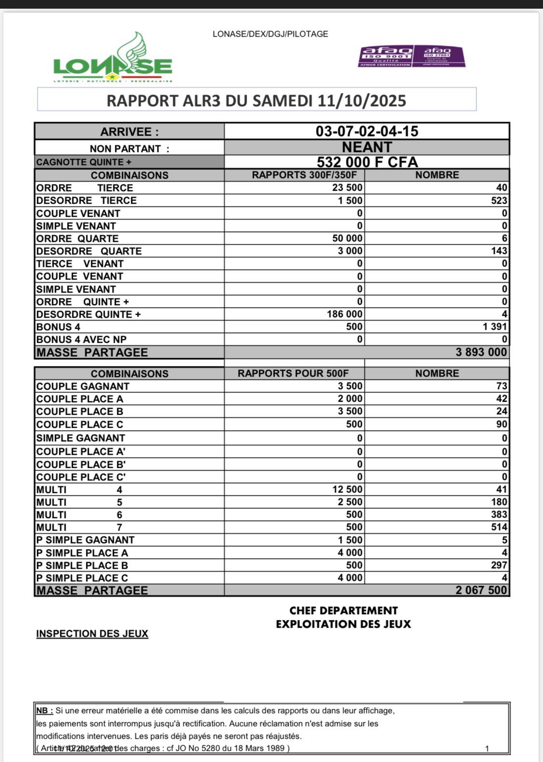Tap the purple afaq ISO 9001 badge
click(386, 56)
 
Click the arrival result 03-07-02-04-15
click(367, 131)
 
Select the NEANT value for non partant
click(367, 147)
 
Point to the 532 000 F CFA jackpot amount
click(367, 162)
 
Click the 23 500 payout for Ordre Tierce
click(348, 188)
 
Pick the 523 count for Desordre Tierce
click(499, 200)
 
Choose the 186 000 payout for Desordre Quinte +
click(345, 314)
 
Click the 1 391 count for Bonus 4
click(495, 327)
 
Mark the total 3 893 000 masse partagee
click(481, 352)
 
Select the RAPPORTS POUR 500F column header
click(293, 373)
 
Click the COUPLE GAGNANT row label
click(83, 386)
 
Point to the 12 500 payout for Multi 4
click(348, 490)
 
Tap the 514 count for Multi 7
click(499, 527)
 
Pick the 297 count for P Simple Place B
click(499, 565)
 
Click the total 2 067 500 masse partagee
click(481, 590)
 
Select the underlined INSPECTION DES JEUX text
click(92, 634)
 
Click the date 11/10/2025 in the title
click(362, 100)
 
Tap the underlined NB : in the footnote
click(44, 711)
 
